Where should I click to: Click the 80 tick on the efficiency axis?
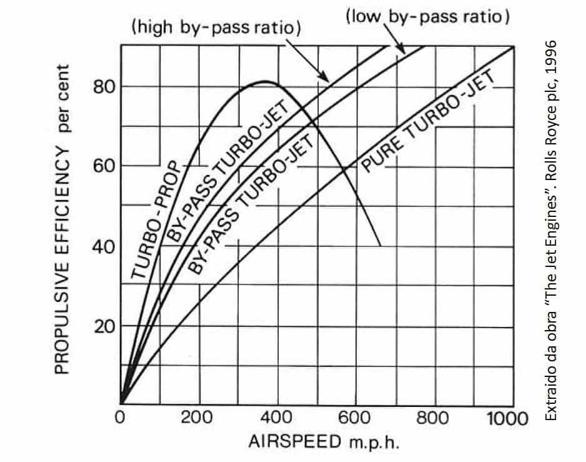(x=104, y=86)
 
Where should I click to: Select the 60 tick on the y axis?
(x=104, y=166)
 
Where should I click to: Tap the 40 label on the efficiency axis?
(x=104, y=246)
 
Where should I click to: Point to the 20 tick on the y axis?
(x=104, y=326)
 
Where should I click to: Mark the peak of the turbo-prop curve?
(x=264, y=81)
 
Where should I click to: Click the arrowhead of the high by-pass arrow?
(x=327, y=79)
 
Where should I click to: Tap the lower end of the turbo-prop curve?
(x=380, y=244)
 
